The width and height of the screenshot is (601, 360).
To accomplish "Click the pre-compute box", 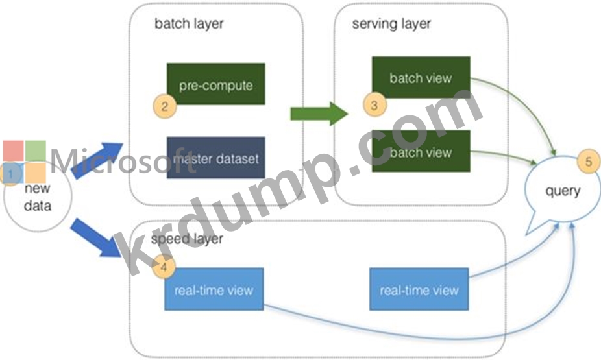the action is [x=215, y=84].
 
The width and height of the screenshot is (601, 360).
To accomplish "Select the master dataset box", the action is [x=215, y=158].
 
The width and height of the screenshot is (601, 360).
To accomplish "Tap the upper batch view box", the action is [x=421, y=78].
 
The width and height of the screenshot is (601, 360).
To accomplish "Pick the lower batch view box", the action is [x=421, y=151].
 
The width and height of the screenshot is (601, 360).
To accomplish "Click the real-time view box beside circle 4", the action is [x=214, y=289].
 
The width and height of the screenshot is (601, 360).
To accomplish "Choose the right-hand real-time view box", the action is [x=419, y=289].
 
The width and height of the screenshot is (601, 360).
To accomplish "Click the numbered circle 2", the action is [x=164, y=106].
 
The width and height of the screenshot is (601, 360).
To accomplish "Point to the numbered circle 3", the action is [x=374, y=105].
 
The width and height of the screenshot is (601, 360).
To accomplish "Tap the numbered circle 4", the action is [x=164, y=267].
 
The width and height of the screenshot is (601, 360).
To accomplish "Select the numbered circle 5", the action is [x=589, y=162].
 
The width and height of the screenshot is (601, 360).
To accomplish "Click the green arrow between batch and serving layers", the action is [x=319, y=114].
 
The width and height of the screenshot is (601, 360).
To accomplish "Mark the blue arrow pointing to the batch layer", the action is [x=97, y=160].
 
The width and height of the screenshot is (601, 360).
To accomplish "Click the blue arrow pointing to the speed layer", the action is [x=97, y=237].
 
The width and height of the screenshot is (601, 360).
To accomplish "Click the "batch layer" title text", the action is [x=189, y=24].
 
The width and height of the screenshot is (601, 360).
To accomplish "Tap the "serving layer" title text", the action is [x=391, y=24].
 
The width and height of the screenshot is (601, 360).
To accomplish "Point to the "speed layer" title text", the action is [x=187, y=239].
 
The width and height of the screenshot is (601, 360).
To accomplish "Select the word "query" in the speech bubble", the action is [x=563, y=191].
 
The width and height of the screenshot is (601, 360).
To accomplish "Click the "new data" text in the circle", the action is [x=38, y=197].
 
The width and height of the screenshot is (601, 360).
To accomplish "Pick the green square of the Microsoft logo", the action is [x=36, y=151].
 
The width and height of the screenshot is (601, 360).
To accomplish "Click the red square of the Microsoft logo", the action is [x=14, y=151].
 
